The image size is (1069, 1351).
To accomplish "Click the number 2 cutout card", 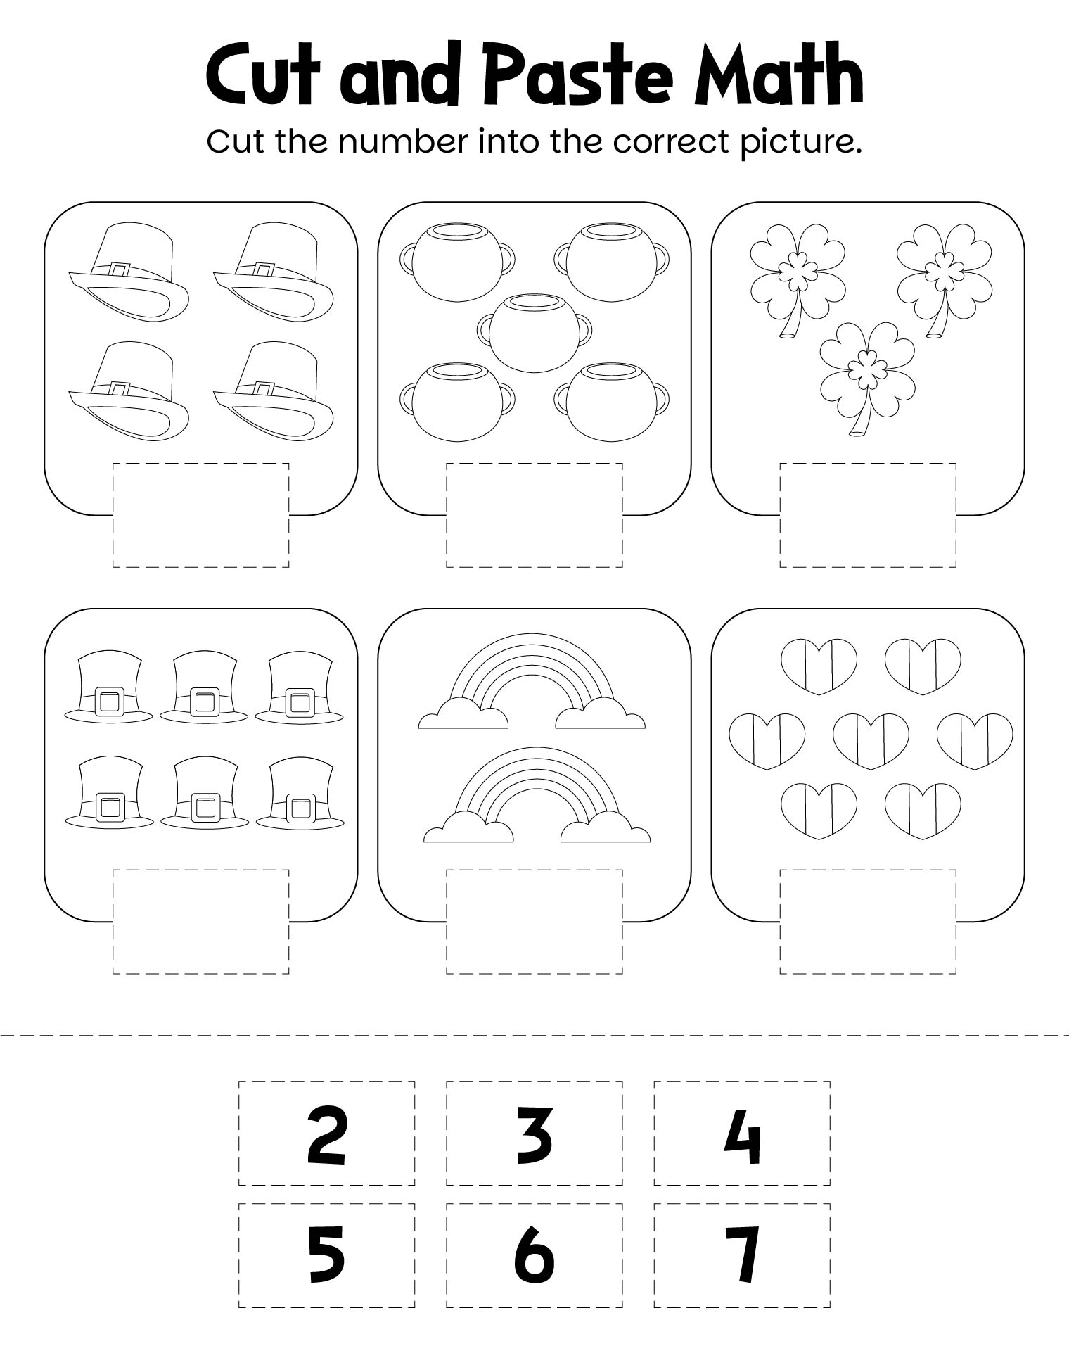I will (x=326, y=1133).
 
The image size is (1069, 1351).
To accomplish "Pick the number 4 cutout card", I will (x=742, y=1133).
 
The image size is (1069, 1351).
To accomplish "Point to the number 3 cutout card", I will (x=534, y=1133).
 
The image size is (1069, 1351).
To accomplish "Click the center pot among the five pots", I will (x=534, y=329).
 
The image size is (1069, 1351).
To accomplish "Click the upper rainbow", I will (x=532, y=683).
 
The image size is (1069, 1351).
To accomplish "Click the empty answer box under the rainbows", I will (x=534, y=921).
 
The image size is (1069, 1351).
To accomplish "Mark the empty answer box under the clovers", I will (x=868, y=515).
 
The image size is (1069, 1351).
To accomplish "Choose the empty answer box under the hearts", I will (x=868, y=921).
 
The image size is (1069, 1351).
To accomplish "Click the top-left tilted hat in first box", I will (x=130, y=271).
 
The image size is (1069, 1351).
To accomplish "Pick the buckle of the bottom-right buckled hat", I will (x=300, y=807).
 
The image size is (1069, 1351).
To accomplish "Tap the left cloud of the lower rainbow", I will (x=468, y=830).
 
